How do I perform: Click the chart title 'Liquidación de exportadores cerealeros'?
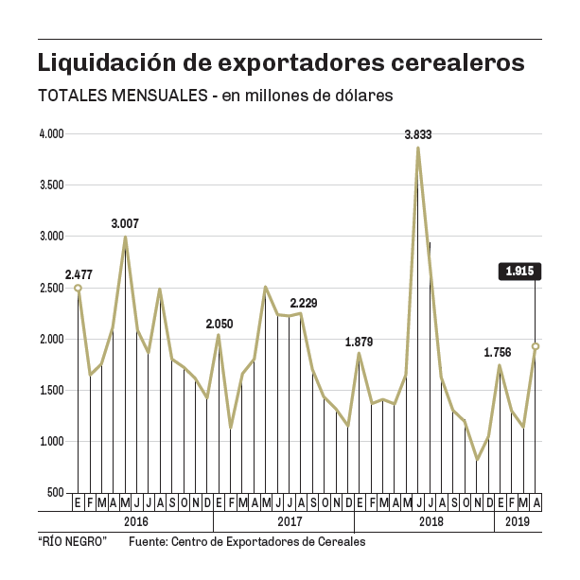[x=280, y=64]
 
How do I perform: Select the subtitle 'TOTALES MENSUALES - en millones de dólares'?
[x=214, y=97]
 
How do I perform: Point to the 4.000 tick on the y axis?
[x=50, y=134]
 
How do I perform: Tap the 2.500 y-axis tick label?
[x=50, y=288]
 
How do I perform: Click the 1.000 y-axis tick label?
[x=50, y=442]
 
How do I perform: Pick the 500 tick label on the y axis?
[x=54, y=493]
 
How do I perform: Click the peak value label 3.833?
[x=417, y=135]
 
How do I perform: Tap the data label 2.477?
[x=79, y=275]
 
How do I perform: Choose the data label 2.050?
[x=220, y=324]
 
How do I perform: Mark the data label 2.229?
[x=304, y=303]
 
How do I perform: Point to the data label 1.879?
[x=360, y=342]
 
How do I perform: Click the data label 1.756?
[x=499, y=353]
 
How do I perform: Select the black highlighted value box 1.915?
[x=520, y=272]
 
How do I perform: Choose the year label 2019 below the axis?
[x=518, y=521]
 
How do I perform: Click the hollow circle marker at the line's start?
[x=78, y=288]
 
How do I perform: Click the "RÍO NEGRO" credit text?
[x=72, y=543]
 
